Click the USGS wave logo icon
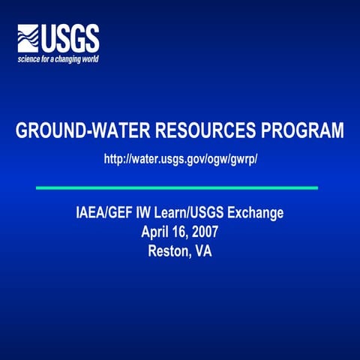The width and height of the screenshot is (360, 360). pyautogui.click(x=29, y=37)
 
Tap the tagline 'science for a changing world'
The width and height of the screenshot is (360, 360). pyautogui.click(x=58, y=58)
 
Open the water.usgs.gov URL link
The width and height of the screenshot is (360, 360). pyautogui.click(x=180, y=159)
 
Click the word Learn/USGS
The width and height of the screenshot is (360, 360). pyautogui.click(x=195, y=214)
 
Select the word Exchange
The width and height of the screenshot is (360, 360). pyautogui.click(x=257, y=214)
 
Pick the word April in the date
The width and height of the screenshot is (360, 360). pyautogui.click(x=155, y=232)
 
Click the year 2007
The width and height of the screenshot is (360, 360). pyautogui.click(x=205, y=232)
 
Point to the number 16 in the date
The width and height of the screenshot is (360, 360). pyautogui.click(x=178, y=232)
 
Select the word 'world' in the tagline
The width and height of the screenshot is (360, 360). pyautogui.click(x=88, y=58)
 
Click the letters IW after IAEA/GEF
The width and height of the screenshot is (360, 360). pyautogui.click(x=145, y=214)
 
